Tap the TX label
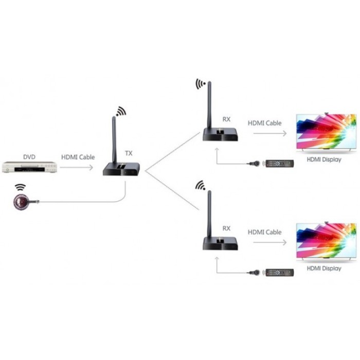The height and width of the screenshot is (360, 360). [129, 153]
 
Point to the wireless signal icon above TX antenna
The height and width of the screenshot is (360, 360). [120, 112]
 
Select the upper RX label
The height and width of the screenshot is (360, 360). [226, 119]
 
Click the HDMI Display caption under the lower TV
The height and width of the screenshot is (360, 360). [324, 268]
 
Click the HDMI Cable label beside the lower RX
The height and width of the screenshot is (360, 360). [265, 232]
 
